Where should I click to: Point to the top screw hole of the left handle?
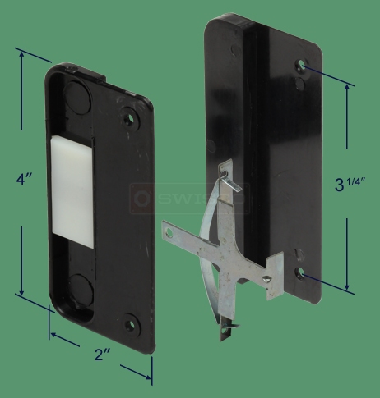(127, 117)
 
